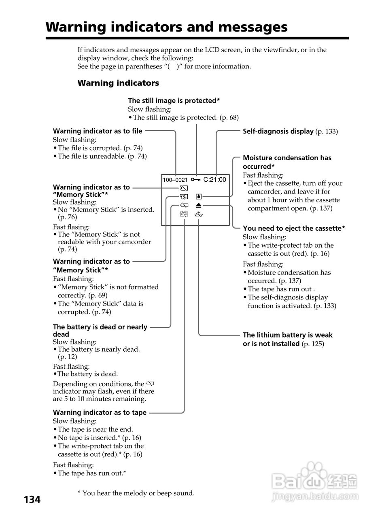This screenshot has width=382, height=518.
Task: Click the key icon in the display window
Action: tap(196, 179)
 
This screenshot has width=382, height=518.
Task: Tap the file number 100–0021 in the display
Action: tap(175, 180)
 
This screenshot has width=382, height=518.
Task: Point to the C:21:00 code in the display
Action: tap(214, 179)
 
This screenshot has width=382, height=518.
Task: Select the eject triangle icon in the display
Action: tap(199, 206)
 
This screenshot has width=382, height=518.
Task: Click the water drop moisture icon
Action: tap(198, 197)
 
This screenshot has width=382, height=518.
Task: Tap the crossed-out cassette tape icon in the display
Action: tap(184, 214)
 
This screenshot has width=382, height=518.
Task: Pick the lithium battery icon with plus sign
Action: tap(199, 214)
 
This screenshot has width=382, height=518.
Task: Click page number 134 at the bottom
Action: tap(32, 500)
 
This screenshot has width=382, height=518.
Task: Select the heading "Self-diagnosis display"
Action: tap(278, 131)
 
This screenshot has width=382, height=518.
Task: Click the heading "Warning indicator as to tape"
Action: tap(100, 412)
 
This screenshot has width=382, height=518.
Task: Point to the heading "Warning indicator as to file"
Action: tap(98, 131)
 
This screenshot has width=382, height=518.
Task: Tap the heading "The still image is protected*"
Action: tap(174, 100)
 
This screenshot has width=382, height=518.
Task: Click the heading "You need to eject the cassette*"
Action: tap(294, 228)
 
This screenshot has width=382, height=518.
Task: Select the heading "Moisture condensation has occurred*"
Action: tap(287, 162)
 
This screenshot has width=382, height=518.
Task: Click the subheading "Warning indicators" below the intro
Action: tap(118, 83)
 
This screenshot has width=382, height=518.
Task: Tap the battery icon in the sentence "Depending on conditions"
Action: tap(151, 383)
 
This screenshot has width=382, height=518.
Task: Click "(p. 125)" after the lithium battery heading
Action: tap(313, 344)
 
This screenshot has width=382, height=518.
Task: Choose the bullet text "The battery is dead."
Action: tap(87, 374)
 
